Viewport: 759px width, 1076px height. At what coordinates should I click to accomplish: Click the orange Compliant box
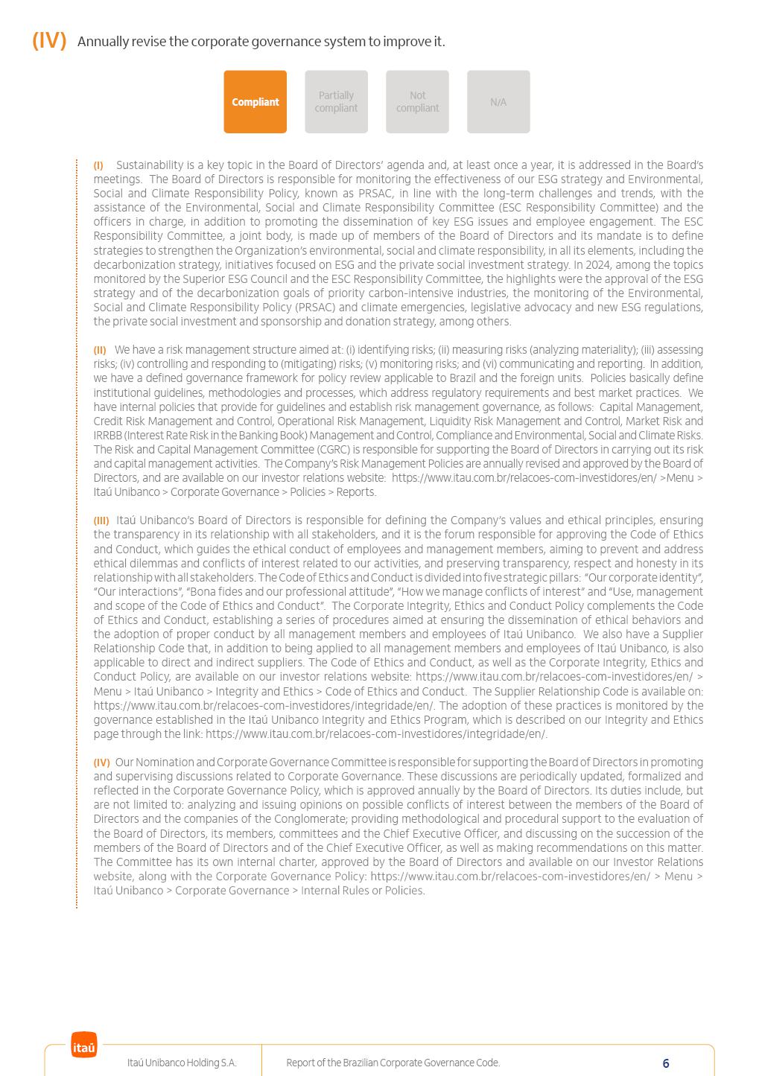click(255, 102)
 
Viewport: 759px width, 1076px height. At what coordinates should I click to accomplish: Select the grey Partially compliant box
click(336, 102)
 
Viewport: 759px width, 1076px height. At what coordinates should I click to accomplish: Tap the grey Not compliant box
click(417, 102)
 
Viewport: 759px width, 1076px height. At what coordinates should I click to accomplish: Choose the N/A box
click(498, 102)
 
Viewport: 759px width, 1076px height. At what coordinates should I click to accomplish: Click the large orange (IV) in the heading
click(49, 41)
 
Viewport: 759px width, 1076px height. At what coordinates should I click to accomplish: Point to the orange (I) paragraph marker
click(98, 165)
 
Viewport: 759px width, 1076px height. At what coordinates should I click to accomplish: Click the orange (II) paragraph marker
click(100, 350)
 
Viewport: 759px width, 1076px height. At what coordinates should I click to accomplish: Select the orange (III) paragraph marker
click(101, 521)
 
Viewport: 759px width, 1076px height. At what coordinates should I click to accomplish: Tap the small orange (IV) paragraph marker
click(101, 763)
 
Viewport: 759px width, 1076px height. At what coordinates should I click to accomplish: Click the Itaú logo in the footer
click(84, 1045)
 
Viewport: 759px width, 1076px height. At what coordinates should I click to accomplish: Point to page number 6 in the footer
click(666, 1063)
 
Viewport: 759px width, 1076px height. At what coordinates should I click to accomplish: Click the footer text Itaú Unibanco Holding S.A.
click(182, 1063)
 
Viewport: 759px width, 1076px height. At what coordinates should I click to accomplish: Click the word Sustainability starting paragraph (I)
click(150, 165)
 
